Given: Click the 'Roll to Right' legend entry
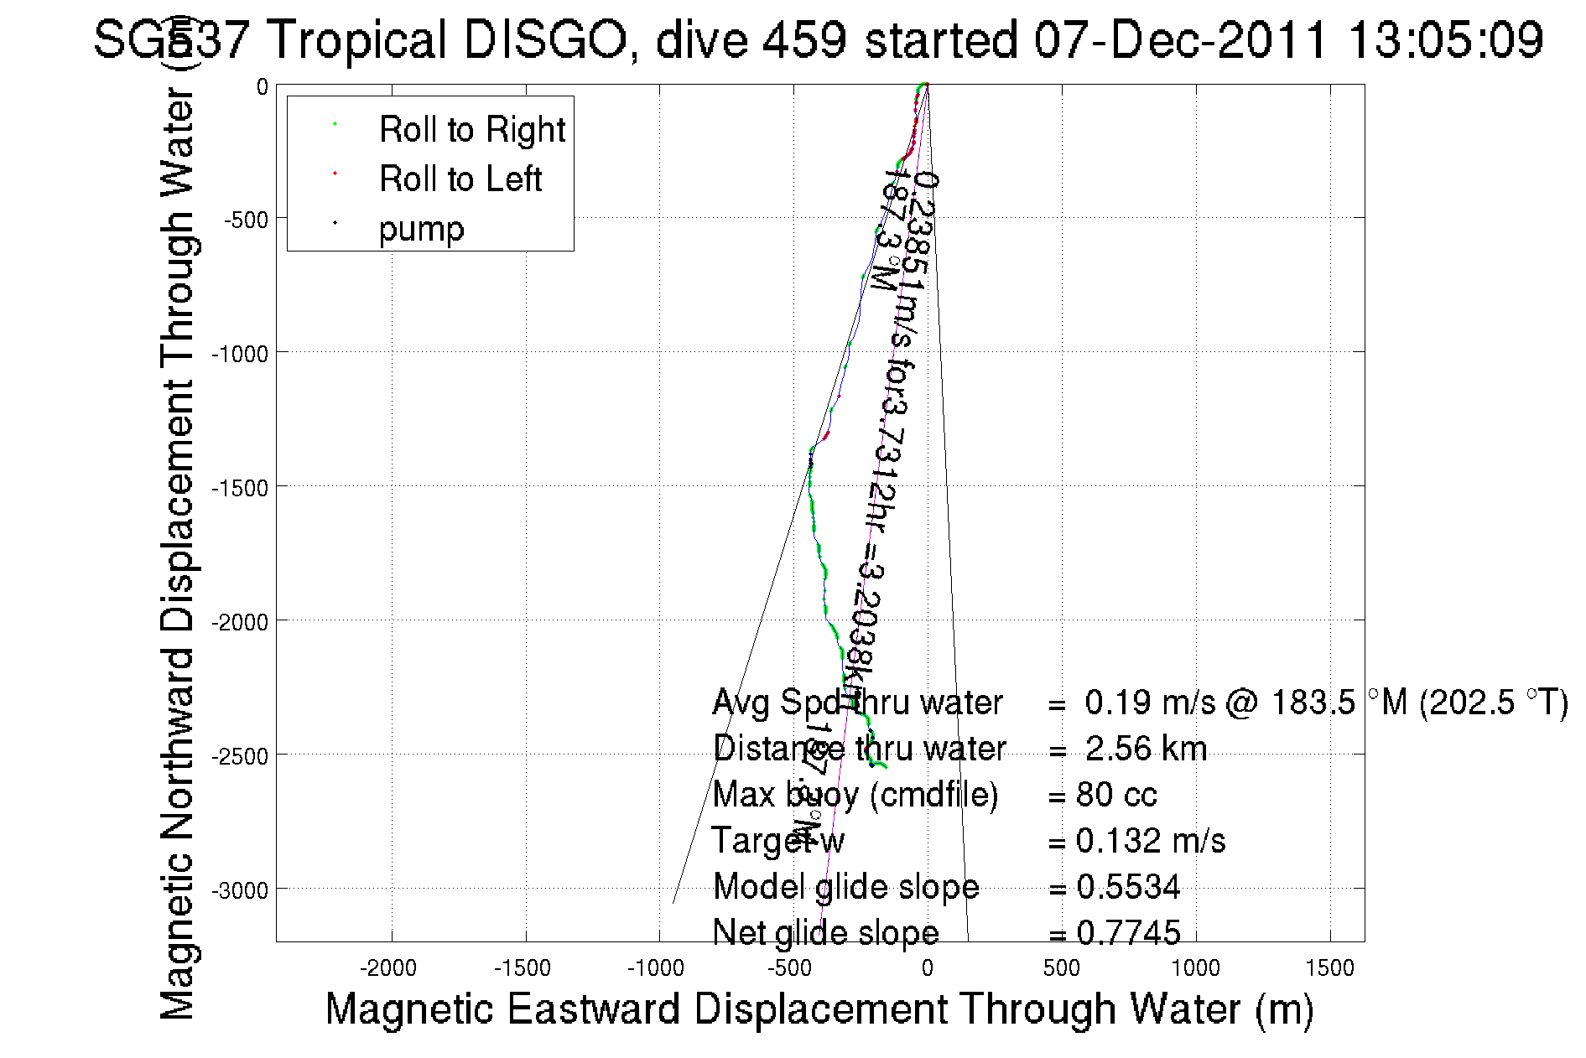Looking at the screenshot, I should (x=471, y=130).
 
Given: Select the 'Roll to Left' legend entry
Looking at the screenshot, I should (x=460, y=179).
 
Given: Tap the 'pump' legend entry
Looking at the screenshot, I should (x=421, y=229).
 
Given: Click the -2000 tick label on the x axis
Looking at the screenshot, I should (x=388, y=968).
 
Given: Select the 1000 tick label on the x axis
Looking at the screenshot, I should (x=1195, y=968).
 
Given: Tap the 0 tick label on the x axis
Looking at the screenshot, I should (x=927, y=968).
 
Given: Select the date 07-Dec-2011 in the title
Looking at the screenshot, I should (x=1181, y=39).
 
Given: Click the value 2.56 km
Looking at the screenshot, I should (x=1146, y=749).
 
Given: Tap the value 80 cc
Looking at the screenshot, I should (x=1116, y=795).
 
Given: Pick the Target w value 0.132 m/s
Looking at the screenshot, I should (x=1150, y=841).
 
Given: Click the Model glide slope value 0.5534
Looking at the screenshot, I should (x=1128, y=887).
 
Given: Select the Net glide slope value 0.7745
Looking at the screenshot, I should (x=1128, y=933).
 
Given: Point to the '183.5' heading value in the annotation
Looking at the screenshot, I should (x=1313, y=703).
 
